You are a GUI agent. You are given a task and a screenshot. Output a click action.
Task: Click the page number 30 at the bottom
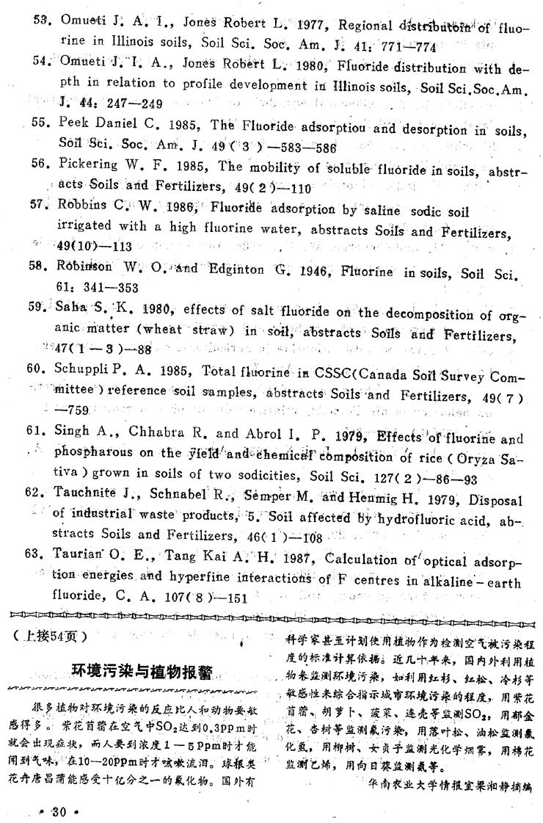56,809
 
